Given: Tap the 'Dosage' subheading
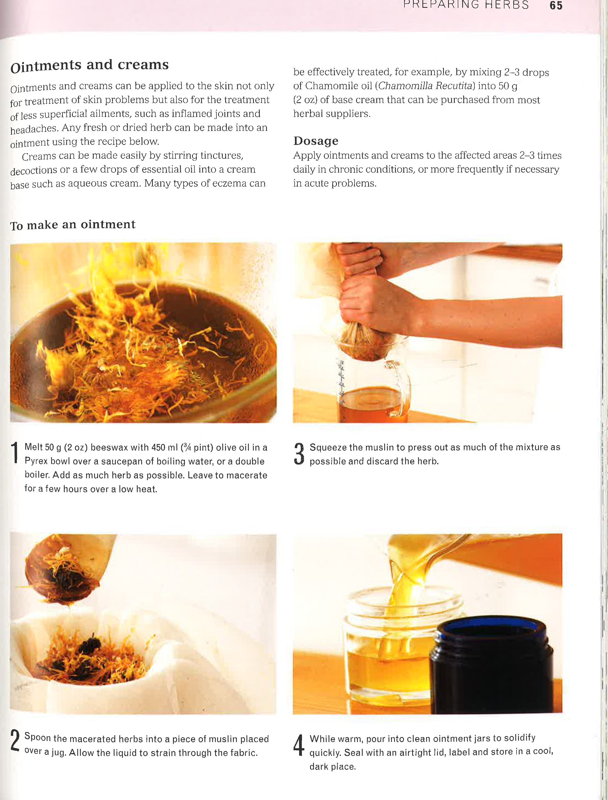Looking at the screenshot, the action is click(316, 141).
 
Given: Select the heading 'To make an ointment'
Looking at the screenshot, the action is click(73, 225).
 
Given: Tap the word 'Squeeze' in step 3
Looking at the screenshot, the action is click(326, 448).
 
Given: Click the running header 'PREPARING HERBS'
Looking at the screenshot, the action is click(466, 5).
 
